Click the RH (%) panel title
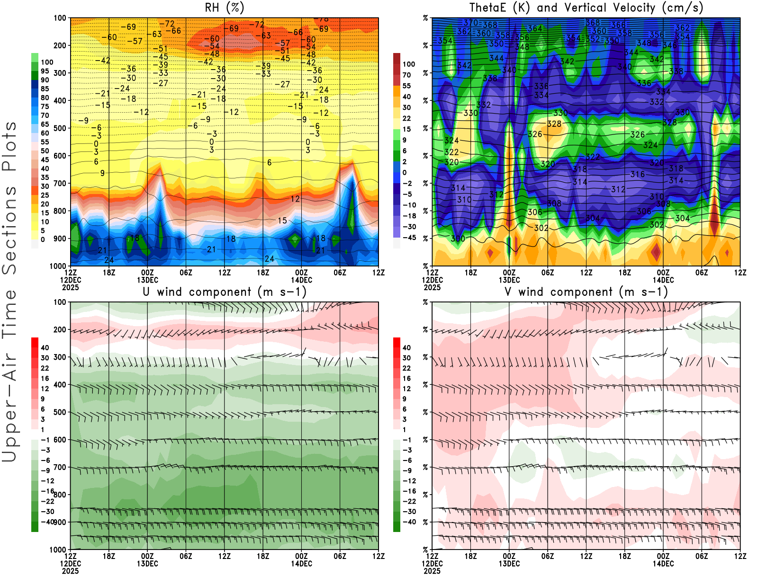click(x=224, y=8)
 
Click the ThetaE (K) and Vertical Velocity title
click(x=586, y=8)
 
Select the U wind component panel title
click(x=224, y=292)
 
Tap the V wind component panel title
click(x=586, y=292)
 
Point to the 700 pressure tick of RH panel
click(x=60, y=183)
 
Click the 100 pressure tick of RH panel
click(x=60, y=18)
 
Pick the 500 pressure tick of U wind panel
click(x=60, y=412)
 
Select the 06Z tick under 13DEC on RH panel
click(x=186, y=273)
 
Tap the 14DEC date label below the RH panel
click(x=301, y=280)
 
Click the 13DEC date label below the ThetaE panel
click(x=509, y=280)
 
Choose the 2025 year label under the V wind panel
click(x=432, y=571)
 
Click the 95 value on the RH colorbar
click(x=45, y=71)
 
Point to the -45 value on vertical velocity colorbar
click(x=409, y=238)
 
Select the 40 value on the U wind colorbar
click(x=45, y=348)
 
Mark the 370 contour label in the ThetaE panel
click(x=470, y=23)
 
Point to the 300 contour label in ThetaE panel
click(x=458, y=239)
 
